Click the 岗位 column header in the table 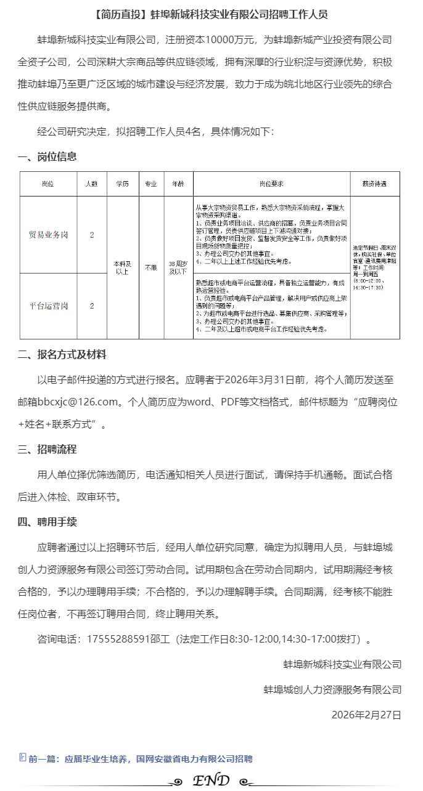[47, 184]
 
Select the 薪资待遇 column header [374, 184]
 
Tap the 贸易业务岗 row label [48, 235]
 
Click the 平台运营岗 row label [48, 306]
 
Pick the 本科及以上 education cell [122, 267]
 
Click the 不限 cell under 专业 [150, 268]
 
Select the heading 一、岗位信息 [47, 156]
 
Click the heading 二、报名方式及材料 [62, 354]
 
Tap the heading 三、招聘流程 [47, 449]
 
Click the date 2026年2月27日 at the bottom [366, 715]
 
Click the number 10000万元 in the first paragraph [230, 40]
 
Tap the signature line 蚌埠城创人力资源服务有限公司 [332, 689]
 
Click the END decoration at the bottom [212, 781]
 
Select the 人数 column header [92, 184]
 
